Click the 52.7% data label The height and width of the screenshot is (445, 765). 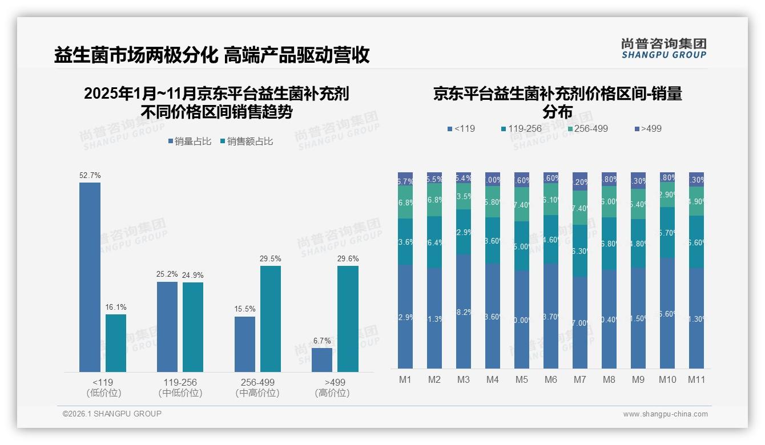[90, 176]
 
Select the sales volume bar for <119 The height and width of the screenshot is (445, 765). [90, 277]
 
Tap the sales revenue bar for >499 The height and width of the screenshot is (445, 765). [348, 319]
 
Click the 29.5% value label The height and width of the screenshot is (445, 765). [270, 259]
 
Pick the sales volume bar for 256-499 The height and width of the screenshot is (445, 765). [244, 344]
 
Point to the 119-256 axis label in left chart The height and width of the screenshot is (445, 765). [180, 382]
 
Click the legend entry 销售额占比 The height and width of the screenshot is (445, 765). [246, 141]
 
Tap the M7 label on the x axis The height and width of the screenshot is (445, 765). [580, 379]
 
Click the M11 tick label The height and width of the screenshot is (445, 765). [696, 379]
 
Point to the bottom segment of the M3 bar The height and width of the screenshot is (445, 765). [464, 311]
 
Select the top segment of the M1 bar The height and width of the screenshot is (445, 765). [405, 179]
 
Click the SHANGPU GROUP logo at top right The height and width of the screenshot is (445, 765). [664, 48]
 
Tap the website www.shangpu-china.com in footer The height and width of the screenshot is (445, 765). [665, 414]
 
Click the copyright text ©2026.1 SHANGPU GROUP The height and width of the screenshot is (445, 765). [112, 414]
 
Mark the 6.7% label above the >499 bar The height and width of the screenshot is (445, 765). [322, 341]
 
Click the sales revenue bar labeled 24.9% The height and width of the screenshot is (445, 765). [193, 327]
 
